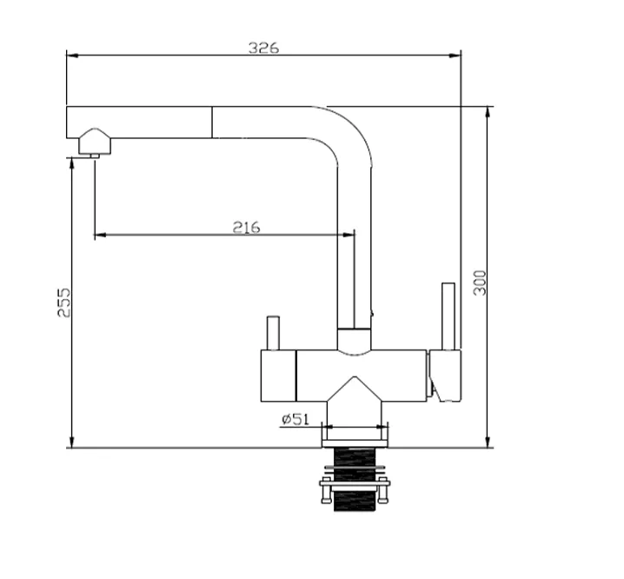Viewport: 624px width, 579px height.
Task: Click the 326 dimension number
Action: tap(264, 48)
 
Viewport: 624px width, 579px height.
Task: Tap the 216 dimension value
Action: tap(246, 228)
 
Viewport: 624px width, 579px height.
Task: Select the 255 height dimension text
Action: tap(64, 303)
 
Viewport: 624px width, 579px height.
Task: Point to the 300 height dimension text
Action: tap(480, 283)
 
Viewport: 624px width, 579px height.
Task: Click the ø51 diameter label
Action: tap(295, 419)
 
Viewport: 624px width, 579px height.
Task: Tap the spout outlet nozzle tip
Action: tap(95, 156)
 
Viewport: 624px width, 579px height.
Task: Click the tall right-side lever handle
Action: tap(448, 316)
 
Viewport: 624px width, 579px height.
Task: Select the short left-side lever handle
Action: tap(273, 333)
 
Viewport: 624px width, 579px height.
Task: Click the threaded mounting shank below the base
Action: tap(355, 479)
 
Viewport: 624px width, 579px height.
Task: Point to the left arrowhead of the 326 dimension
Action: tap(72, 56)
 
